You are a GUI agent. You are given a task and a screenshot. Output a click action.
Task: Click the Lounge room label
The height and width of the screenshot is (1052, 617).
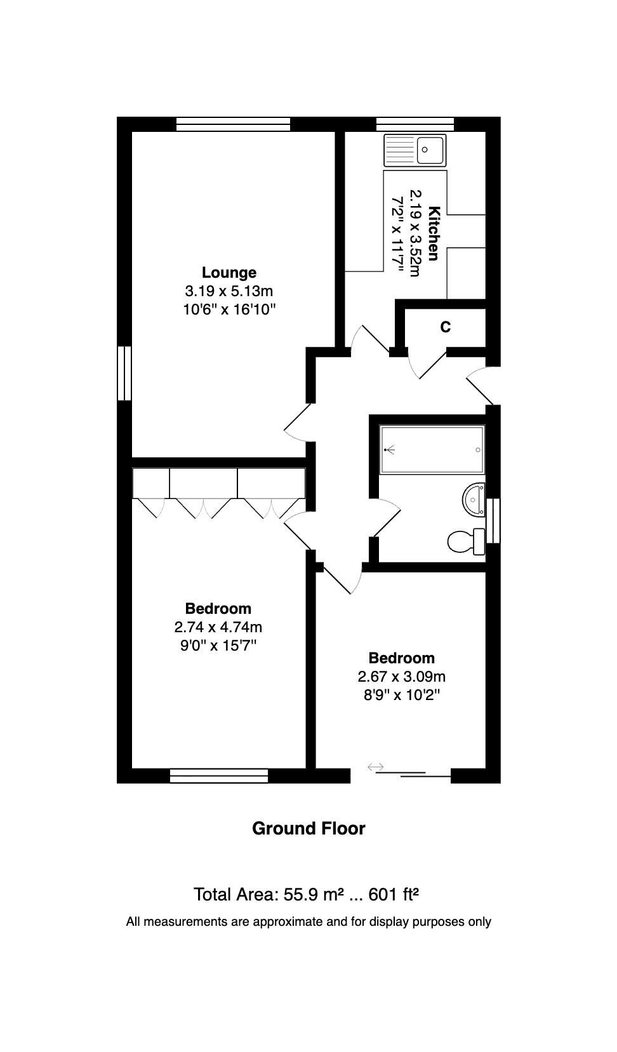(x=229, y=273)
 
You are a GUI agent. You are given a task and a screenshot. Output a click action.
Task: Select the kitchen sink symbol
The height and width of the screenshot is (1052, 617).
(x=415, y=150)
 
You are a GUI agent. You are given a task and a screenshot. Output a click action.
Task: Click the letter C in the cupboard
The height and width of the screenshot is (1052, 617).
(x=446, y=327)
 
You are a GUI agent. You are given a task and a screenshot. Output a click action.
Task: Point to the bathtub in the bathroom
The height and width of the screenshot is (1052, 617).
(x=432, y=450)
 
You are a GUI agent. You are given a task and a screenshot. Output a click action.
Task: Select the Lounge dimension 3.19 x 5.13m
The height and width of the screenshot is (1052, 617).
(x=229, y=291)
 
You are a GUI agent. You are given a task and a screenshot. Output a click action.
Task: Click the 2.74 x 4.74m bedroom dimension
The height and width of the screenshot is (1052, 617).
(x=218, y=627)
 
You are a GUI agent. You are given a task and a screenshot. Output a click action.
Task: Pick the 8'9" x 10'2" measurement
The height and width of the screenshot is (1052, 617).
(x=402, y=694)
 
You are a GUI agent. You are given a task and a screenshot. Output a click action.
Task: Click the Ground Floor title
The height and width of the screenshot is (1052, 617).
(x=308, y=828)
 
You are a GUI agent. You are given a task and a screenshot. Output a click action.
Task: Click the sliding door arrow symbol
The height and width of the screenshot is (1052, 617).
(x=376, y=767)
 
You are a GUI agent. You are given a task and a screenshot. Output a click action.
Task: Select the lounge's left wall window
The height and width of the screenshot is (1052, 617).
(x=124, y=373)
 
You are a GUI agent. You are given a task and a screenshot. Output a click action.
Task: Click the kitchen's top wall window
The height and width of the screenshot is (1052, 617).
(x=415, y=124)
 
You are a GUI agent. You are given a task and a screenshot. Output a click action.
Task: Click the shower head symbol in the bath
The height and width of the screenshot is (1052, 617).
(x=390, y=450)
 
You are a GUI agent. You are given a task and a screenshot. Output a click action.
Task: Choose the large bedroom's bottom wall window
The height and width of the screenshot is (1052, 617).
(x=219, y=776)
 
